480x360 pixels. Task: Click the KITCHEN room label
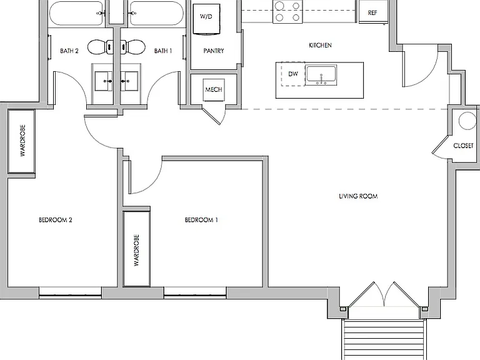tap(320, 45)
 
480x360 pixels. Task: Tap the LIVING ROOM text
tap(358, 196)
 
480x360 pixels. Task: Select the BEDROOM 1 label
tap(201, 220)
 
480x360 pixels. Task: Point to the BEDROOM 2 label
tap(56, 220)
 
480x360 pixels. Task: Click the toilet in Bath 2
tap(101, 47)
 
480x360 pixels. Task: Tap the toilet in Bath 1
tap(133, 47)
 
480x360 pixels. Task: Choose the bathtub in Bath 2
tap(76, 14)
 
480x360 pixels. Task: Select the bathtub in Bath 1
tap(157, 14)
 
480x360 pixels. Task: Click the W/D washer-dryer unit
tap(206, 19)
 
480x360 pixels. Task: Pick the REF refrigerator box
tap(373, 12)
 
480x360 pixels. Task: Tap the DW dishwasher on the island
tap(293, 74)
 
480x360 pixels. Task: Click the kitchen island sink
tap(321, 75)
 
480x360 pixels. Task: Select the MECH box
tap(214, 90)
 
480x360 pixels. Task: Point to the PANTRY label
tap(214, 51)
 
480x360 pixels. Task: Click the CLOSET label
tap(463, 146)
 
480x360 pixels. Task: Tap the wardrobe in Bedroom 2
tap(21, 141)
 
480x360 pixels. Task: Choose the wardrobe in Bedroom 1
tap(136, 249)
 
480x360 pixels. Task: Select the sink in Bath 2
tap(104, 81)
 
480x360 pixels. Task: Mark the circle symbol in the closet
tap(467, 121)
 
